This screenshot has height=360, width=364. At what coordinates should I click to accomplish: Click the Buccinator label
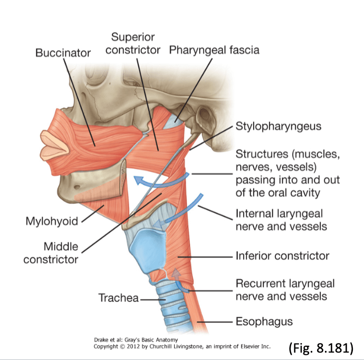(63, 53)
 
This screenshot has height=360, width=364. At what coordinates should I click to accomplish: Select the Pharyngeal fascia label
(214, 50)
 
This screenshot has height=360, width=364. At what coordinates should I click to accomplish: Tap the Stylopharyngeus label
(279, 127)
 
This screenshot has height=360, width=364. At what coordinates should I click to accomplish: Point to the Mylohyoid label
(52, 221)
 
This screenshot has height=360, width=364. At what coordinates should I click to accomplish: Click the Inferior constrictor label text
(282, 255)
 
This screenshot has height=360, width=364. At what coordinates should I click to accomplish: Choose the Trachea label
(118, 298)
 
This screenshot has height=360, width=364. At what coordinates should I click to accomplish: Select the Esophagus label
(264, 321)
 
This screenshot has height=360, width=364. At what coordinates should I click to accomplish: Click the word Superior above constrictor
(133, 37)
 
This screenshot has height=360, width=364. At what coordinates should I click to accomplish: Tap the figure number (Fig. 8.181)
(321, 348)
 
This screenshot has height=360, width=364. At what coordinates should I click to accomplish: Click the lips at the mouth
(54, 146)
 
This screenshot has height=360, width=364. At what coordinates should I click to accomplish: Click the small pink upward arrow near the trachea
(176, 273)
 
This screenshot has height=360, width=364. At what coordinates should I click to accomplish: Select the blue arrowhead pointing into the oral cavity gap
(140, 180)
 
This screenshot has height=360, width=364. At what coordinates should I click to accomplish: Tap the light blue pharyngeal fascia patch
(173, 121)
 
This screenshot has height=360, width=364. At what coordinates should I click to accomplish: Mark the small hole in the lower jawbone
(77, 187)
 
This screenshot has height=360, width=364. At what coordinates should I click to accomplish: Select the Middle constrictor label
(51, 253)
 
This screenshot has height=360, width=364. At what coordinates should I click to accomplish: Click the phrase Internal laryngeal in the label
(279, 214)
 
